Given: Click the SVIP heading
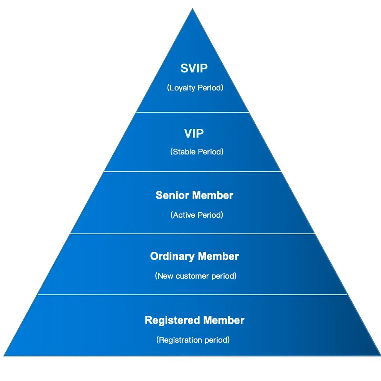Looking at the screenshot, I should [194, 69].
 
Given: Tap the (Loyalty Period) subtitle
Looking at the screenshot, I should [195, 88].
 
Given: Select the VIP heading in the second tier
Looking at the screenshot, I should [194, 133].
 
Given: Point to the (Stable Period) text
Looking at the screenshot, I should [197, 152].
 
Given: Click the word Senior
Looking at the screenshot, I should [172, 195].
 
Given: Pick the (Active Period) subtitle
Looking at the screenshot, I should [197, 215].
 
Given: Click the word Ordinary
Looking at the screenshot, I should [172, 256].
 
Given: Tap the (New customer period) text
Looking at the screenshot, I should [195, 276].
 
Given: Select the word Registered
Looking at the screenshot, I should [172, 320].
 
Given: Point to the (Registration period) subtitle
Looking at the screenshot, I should [193, 340].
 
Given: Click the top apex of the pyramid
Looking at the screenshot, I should [192, 9].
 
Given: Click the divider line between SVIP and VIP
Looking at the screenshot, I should [192, 112].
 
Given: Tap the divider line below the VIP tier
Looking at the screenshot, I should [192, 172].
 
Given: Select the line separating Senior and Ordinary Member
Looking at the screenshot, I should [192, 233].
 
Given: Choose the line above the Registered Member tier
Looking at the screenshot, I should [192, 295].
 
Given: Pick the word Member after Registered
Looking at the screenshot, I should [224, 320].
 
